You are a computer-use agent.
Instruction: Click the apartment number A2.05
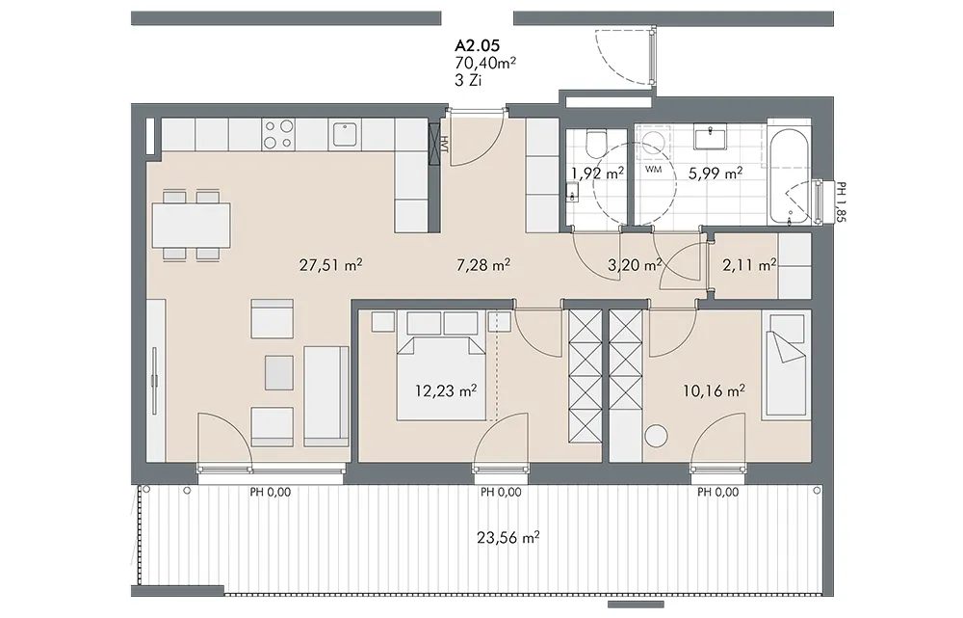coord(478,45)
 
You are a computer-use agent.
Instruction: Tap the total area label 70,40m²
coord(485,62)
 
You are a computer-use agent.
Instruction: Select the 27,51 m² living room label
coord(330,265)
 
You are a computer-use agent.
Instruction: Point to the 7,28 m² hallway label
coord(483,265)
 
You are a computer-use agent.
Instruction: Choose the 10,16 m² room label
coord(715,390)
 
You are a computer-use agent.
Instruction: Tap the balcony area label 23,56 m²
coord(508,538)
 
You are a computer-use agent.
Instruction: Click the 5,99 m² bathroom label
coord(716,174)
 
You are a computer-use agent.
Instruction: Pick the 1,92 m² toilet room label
coord(598,174)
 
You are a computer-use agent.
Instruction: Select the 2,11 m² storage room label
coord(749,265)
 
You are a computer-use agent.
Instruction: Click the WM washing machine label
coord(654,169)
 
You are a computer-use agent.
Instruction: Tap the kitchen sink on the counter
coord(345,135)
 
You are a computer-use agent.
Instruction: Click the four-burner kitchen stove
coord(278,135)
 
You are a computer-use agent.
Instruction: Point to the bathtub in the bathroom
coord(790,176)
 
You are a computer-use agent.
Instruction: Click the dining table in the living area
coord(191,225)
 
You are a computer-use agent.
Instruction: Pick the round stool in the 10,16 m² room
coord(657,436)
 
